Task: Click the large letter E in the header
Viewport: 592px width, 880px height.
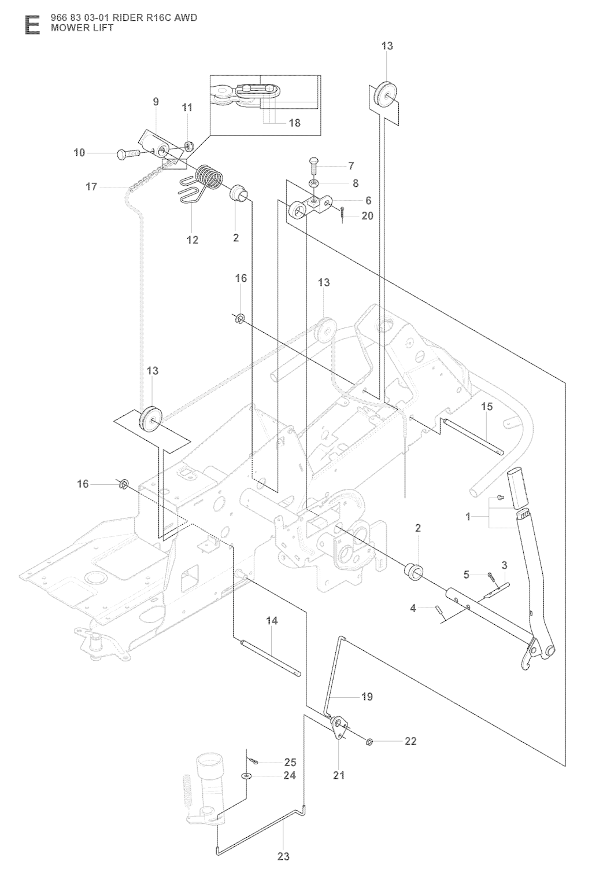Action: pyautogui.click(x=32, y=25)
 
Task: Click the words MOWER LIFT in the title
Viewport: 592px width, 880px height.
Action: pyautogui.click(x=82, y=27)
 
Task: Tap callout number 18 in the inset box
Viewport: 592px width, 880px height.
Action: pyautogui.click(x=294, y=123)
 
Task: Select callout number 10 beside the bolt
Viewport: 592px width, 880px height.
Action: pyautogui.click(x=79, y=153)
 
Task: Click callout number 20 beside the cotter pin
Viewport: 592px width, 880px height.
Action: pyautogui.click(x=367, y=216)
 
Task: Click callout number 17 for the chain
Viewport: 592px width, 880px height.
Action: pyautogui.click(x=91, y=187)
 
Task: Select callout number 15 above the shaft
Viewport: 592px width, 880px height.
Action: pyautogui.click(x=487, y=407)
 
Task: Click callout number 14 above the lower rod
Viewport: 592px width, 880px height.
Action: pyautogui.click(x=272, y=621)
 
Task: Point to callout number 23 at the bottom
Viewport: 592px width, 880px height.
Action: pyautogui.click(x=283, y=856)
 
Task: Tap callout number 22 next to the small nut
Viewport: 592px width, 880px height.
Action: pyautogui.click(x=410, y=741)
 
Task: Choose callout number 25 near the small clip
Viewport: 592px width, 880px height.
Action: pyautogui.click(x=290, y=763)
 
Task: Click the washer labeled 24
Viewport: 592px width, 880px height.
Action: pyautogui.click(x=247, y=776)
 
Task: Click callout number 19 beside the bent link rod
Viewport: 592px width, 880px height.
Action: pyautogui.click(x=367, y=697)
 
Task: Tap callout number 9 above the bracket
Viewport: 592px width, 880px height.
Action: pyautogui.click(x=156, y=102)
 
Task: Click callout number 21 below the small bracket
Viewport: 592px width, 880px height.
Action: pyautogui.click(x=339, y=775)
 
